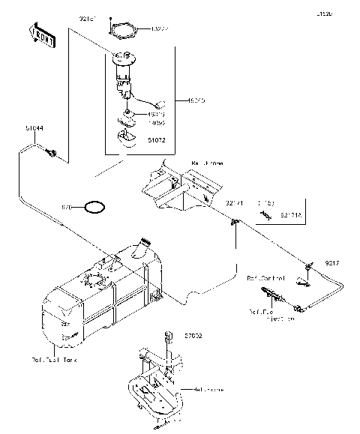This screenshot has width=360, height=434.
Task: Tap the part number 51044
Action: [34, 129]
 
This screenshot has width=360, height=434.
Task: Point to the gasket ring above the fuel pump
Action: [123, 31]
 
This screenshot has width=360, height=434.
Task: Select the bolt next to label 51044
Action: [52, 153]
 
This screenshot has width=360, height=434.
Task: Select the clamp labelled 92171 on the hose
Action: [234, 221]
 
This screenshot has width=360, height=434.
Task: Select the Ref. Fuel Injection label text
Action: [271, 315]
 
